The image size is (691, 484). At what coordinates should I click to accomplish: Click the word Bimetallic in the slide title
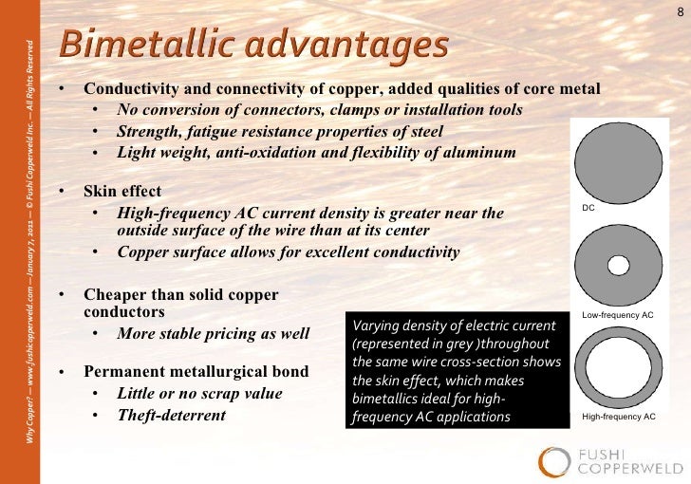[x=138, y=46]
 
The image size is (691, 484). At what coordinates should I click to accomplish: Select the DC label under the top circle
[x=588, y=207]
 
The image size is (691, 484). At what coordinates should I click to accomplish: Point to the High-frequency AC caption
[x=619, y=417]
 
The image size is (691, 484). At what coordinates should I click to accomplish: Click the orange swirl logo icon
[x=555, y=461]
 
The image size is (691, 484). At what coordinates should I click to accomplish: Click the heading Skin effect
[x=122, y=190]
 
